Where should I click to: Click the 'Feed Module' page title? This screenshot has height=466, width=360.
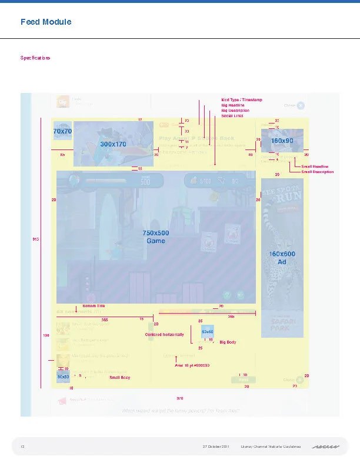[46, 22]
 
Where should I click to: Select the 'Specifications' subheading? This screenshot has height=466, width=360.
[35, 58]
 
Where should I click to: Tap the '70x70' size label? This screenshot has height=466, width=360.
[62, 131]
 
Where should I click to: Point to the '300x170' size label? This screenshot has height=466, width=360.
[113, 144]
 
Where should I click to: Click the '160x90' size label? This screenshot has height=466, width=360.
[282, 141]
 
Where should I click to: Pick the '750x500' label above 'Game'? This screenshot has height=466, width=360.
[156, 233]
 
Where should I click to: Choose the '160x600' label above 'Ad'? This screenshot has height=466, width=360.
[282, 254]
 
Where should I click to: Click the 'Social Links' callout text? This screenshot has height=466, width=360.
[232, 116]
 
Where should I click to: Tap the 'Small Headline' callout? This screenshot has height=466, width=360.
[315, 167]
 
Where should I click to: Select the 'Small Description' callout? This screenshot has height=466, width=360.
[317, 172]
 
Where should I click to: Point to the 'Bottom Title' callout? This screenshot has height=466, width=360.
[94, 307]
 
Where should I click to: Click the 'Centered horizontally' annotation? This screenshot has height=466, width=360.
[164, 334]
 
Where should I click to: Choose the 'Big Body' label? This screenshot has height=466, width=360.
[227, 342]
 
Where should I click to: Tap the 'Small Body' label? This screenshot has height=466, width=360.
[119, 377]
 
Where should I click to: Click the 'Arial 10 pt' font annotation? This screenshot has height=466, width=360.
[192, 365]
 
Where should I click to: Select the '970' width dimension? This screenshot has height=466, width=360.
[179, 398]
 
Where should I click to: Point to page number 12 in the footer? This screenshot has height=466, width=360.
[22, 448]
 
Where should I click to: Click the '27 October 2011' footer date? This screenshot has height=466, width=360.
[218, 448]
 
